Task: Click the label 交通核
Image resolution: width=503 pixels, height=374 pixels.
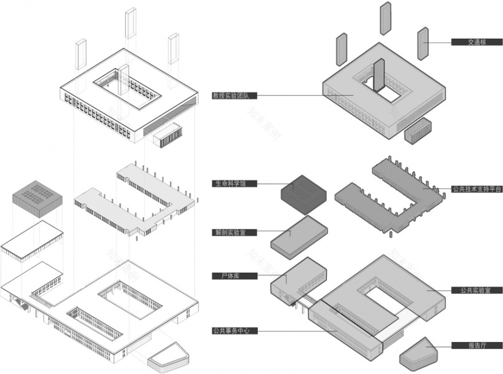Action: (476, 42)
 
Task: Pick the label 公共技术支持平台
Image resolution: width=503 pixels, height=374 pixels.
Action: (476, 188)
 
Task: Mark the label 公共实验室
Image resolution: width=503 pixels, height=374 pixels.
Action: (476, 290)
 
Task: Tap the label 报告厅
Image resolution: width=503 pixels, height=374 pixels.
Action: (476, 345)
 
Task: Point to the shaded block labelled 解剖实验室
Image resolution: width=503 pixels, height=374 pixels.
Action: (298, 234)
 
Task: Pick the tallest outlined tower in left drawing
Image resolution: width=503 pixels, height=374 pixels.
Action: (130, 23)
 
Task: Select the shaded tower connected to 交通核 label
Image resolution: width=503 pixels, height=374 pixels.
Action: (423, 43)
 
